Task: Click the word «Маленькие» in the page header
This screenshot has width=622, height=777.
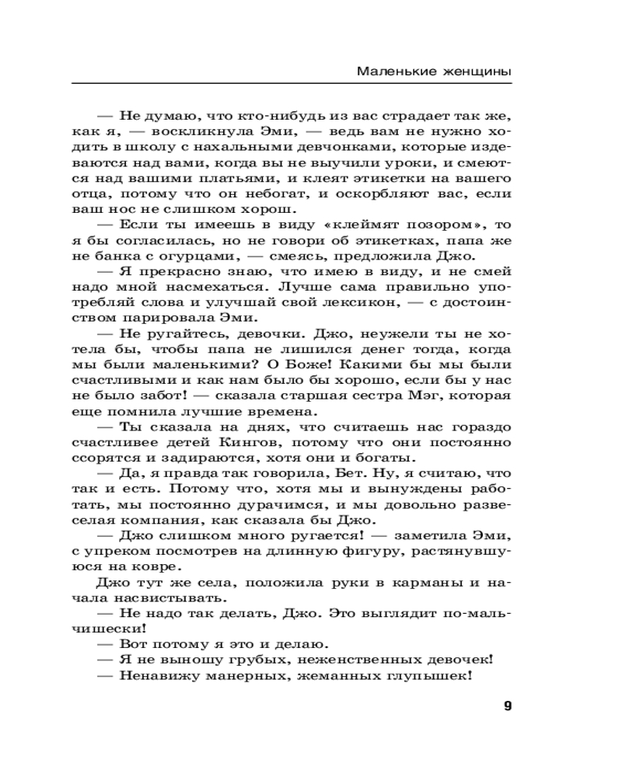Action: click(392, 71)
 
